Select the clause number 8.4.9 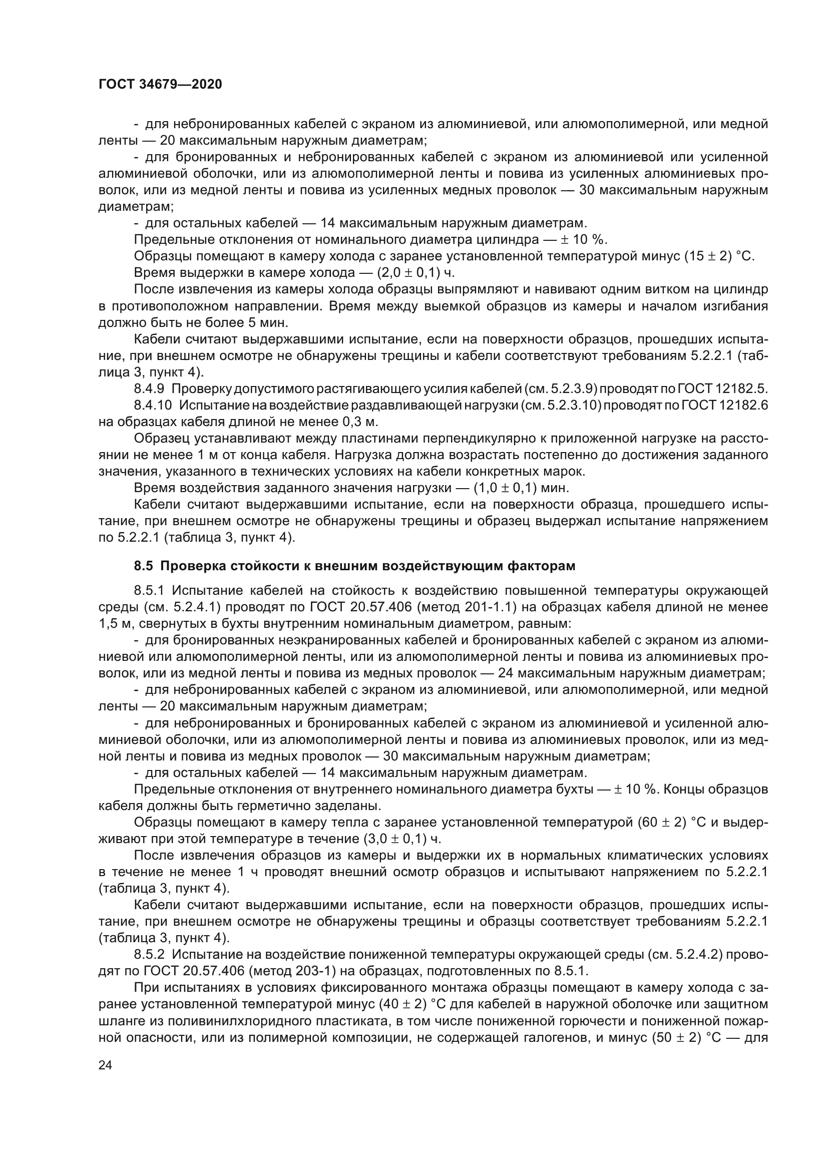[x=149, y=389]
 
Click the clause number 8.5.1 [x=149, y=591]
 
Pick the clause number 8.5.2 [x=149, y=955]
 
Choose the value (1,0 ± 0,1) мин [x=521, y=488]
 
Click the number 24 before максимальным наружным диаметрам [x=505, y=673]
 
